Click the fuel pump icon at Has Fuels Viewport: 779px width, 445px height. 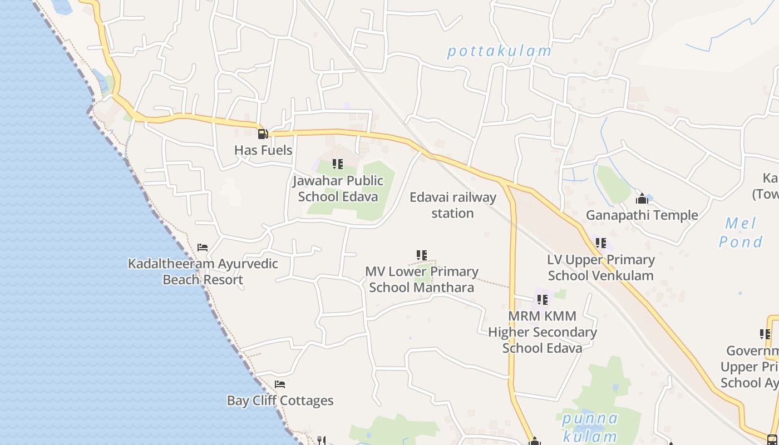point(263,133)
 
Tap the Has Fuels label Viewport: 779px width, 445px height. point(263,150)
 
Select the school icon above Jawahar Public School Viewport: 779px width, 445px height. point(338,164)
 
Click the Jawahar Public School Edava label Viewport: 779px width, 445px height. point(338,189)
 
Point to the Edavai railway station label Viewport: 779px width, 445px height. point(452,205)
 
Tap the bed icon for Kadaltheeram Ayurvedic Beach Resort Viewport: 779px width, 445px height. point(203,248)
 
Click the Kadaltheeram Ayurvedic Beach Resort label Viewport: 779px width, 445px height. point(203,271)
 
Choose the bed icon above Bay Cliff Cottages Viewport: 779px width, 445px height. point(280,384)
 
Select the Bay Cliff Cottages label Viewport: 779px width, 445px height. point(280,400)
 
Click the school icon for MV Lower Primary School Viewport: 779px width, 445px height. point(422,255)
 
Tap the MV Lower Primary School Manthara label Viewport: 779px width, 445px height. point(422,279)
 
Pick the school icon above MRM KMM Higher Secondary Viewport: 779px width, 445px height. point(543,300)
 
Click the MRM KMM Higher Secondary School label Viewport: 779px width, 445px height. point(543,332)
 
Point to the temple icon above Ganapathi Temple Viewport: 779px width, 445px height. point(642,199)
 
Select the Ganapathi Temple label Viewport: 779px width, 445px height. point(642,215)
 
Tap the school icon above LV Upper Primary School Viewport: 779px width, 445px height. point(601,243)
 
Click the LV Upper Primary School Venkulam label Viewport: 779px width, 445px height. point(601,268)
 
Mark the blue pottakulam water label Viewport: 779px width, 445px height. point(499,51)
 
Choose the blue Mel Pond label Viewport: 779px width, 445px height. point(741,233)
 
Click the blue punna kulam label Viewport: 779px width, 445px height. point(589,427)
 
